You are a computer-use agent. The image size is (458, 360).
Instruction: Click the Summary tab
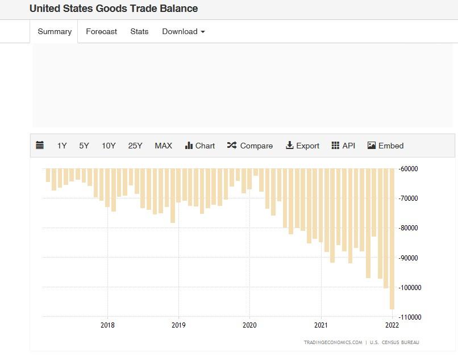click(55, 32)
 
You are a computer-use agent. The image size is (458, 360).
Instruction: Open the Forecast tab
click(101, 32)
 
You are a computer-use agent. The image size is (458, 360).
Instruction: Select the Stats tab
click(139, 32)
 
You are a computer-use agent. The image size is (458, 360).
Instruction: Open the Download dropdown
click(183, 32)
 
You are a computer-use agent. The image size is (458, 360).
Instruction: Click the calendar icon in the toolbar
click(40, 146)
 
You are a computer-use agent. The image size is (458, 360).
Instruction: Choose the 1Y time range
click(62, 146)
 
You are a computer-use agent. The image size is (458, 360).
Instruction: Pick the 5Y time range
click(84, 146)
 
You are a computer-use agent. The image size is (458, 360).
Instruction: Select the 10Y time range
click(109, 146)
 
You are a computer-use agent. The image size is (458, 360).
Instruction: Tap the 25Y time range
click(135, 146)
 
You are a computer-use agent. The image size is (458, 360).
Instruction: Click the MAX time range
click(163, 146)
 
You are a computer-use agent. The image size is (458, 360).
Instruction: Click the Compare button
click(249, 146)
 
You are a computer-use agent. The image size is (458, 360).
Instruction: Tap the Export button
click(302, 146)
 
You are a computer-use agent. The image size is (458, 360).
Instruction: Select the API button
click(343, 146)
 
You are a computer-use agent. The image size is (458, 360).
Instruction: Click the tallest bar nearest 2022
click(392, 239)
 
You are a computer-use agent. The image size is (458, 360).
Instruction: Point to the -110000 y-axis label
click(409, 317)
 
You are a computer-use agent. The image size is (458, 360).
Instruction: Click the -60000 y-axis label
click(409, 169)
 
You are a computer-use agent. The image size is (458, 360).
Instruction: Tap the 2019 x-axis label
click(178, 325)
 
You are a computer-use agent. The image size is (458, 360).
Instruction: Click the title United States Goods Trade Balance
click(114, 9)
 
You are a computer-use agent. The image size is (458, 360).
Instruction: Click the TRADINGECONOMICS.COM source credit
click(332, 342)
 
